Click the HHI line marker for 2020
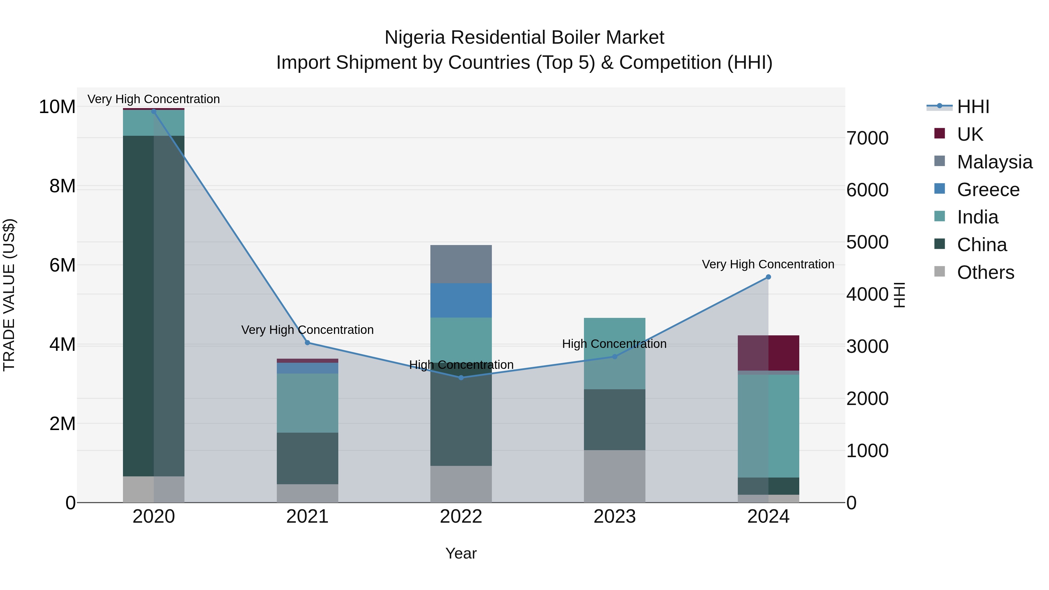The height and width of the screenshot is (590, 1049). click(154, 112)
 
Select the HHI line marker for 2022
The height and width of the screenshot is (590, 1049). click(461, 378)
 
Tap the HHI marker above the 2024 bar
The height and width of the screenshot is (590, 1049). click(768, 277)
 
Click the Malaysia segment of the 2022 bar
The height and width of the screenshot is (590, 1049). click(461, 264)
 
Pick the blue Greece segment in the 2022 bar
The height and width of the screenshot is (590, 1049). click(461, 300)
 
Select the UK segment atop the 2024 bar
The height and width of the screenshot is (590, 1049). click(768, 353)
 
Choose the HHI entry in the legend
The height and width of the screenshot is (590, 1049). click(973, 107)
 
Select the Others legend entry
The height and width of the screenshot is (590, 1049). click(985, 272)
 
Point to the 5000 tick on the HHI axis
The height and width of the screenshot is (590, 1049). click(867, 242)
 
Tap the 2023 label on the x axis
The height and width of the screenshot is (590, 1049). click(615, 517)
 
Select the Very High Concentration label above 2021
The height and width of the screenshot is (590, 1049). click(307, 330)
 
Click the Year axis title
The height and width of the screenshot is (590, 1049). click(461, 553)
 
